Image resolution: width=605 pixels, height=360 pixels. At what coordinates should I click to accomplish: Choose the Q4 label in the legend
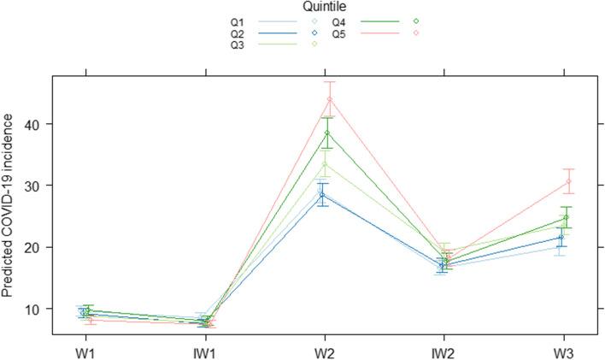[338, 21]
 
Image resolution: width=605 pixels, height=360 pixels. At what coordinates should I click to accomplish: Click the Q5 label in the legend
[338, 32]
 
